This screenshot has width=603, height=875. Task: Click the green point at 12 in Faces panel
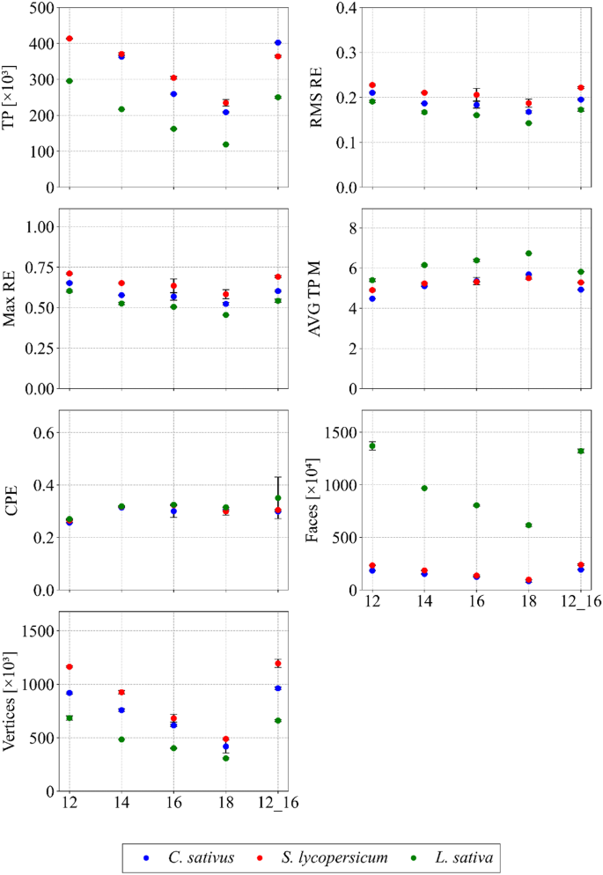(x=372, y=446)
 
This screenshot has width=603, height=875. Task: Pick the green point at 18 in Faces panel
(x=529, y=525)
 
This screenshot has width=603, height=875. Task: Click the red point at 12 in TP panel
(x=70, y=39)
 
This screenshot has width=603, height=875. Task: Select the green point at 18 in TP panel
(x=226, y=144)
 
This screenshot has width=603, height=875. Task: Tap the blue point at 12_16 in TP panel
(x=278, y=42)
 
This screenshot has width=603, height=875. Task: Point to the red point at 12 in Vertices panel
(x=70, y=666)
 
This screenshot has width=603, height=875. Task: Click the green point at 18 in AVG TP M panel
(x=529, y=254)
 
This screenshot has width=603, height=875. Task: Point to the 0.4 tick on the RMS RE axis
(x=349, y=9)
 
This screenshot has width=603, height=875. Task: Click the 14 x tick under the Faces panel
(x=424, y=605)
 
